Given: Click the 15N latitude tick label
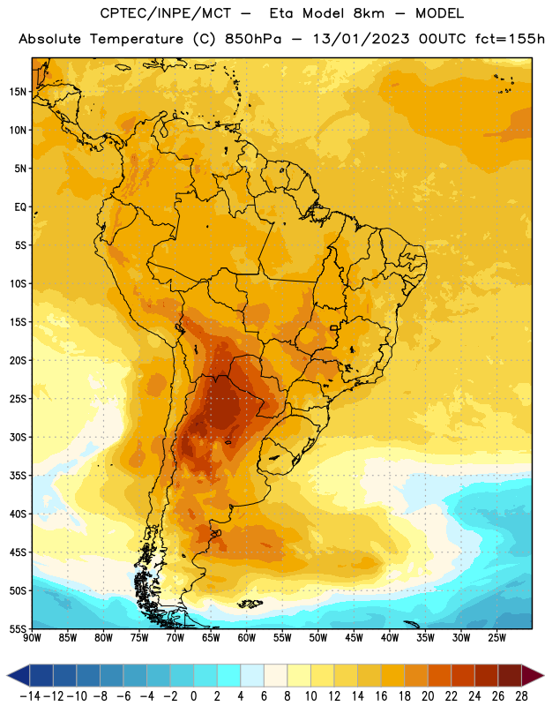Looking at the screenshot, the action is point(18,92).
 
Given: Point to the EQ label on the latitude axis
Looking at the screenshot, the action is point(20,207).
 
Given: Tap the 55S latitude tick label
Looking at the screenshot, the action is point(18,629).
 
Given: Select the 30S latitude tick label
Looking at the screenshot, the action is point(18,437).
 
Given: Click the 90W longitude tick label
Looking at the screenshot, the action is point(32,638).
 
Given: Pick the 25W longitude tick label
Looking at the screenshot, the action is point(496,638).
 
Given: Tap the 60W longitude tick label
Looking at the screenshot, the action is point(247,638).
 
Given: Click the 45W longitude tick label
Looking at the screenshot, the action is point(354,638).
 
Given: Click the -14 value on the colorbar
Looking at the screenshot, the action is point(30,696).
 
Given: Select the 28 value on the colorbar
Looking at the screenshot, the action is point(521,696).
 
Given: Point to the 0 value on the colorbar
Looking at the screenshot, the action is point(193,696).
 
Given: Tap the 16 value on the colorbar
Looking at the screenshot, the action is point(381,696).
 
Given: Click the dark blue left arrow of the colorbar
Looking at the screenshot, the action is point(19,675).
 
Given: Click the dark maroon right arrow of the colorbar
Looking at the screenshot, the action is point(533,675).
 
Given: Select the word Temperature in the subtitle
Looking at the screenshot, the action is point(137,39).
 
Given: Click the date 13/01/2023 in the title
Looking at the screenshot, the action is point(361,39).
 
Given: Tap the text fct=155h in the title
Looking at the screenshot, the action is point(510,39).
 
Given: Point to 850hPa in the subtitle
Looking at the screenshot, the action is point(253,39).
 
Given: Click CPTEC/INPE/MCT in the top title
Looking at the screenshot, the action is point(166,13).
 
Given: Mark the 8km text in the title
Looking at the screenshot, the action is point(369,13).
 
